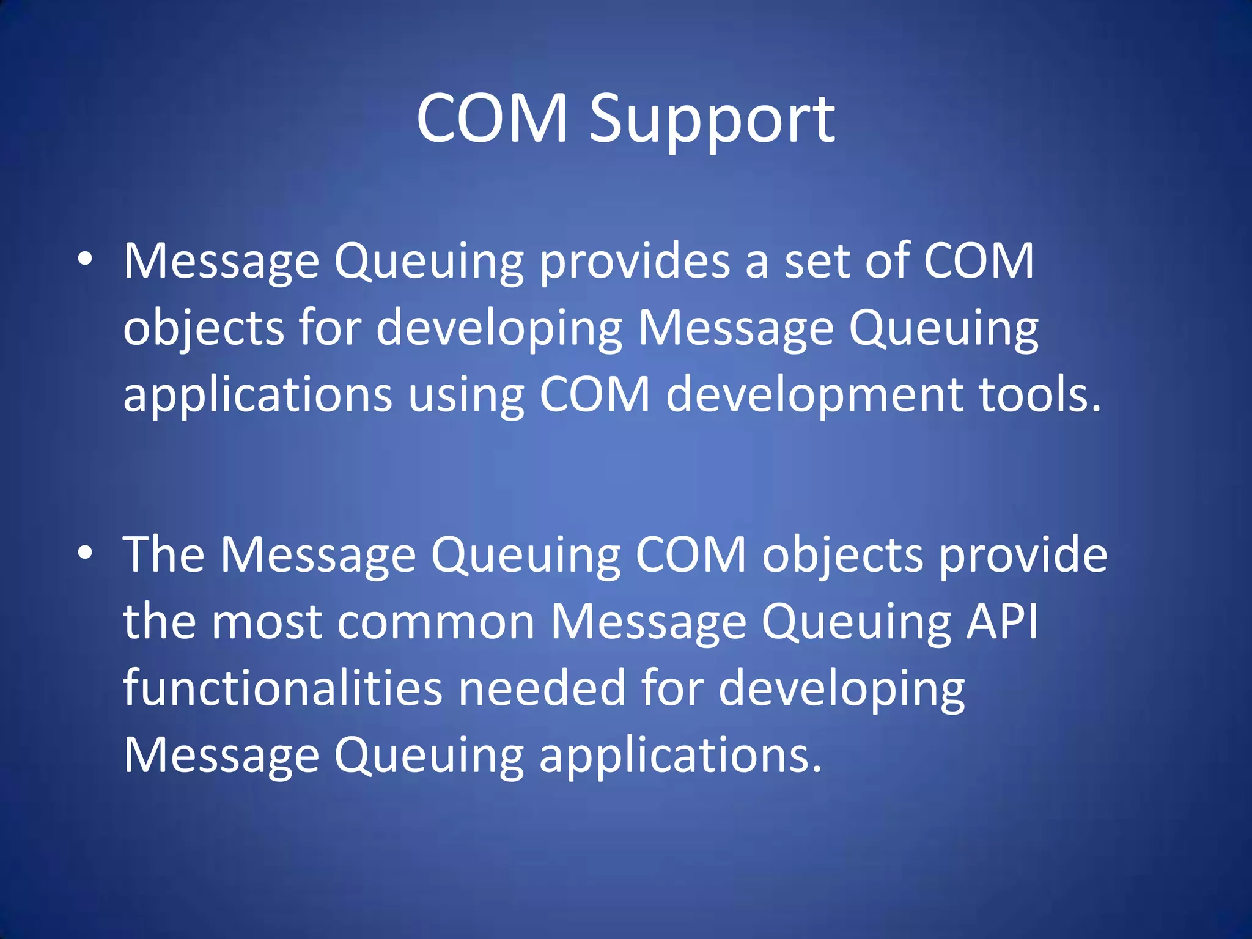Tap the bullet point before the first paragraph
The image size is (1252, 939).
[x=85, y=259]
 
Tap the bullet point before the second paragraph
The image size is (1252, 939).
[x=85, y=553]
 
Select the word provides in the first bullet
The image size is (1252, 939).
[x=635, y=262]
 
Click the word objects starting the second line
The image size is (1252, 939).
[x=204, y=329]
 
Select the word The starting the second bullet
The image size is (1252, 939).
[x=164, y=554]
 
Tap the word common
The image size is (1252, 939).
[x=436, y=622]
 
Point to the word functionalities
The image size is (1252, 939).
[x=282, y=688]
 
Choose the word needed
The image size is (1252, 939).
[x=542, y=688]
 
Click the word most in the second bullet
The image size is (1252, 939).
[x=267, y=622]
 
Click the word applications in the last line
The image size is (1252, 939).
[x=680, y=756]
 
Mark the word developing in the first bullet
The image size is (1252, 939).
[x=499, y=329]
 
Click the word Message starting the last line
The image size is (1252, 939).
[x=221, y=756]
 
